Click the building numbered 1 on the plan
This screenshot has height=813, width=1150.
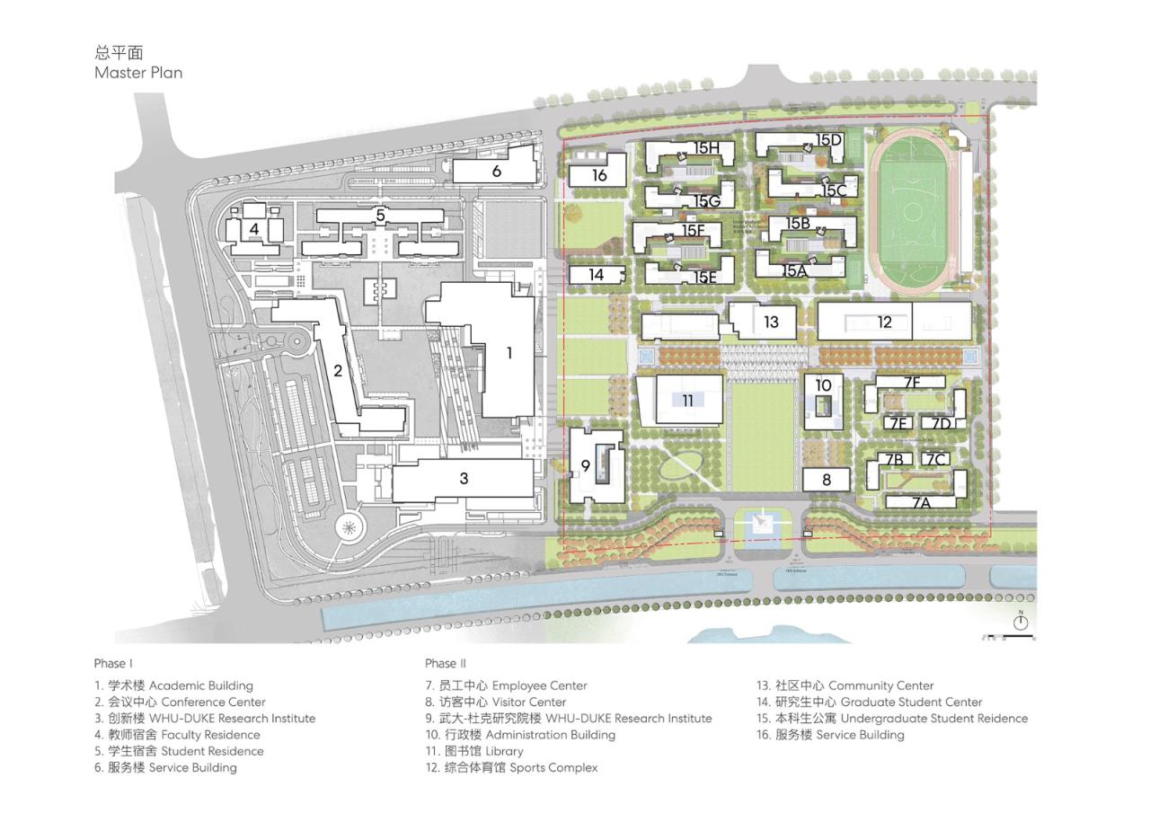pos(509,353)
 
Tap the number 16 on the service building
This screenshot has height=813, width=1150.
pos(599,175)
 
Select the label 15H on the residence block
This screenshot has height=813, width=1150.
pos(707,147)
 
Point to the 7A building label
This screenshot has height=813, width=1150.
pos(922,503)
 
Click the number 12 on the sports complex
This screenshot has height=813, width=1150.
pos(885,322)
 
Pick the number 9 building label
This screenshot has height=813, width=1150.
pos(585,465)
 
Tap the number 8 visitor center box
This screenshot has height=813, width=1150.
pos(827,480)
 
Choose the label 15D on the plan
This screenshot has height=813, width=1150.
pos(828,140)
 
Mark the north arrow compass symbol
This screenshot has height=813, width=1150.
pos(1021,621)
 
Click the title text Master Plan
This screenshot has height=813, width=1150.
pos(138,73)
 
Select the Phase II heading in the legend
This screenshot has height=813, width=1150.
pos(446,663)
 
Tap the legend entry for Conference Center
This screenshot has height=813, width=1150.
pos(180,702)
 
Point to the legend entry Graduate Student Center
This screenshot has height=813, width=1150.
pos(869,702)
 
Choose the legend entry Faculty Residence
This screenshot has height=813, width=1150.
pos(177,735)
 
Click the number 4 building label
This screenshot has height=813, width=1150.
pos(254,229)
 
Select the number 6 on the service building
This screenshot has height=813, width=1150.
pos(496,171)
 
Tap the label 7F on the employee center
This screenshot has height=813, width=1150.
pos(912,384)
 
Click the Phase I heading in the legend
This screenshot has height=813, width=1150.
pos(113,663)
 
